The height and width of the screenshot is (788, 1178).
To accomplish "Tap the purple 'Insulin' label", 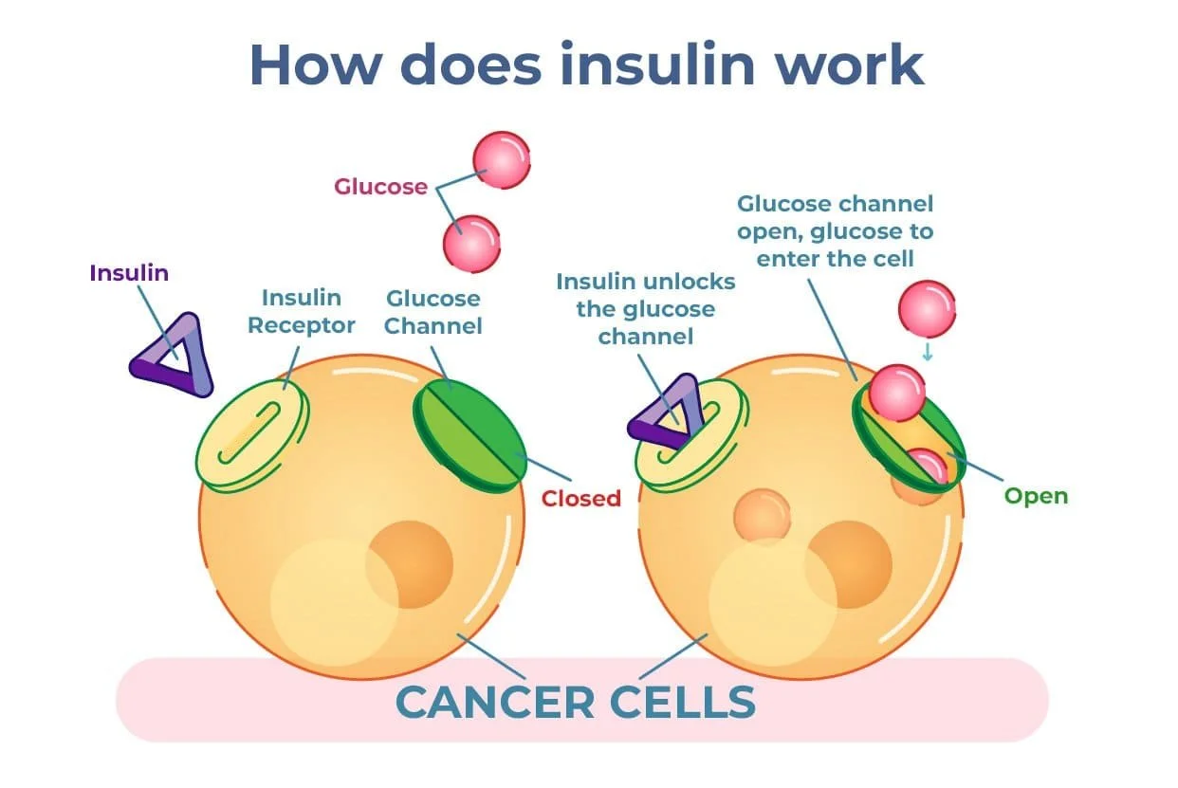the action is (x=129, y=273).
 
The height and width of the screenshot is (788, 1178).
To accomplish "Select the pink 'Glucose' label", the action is (x=380, y=187).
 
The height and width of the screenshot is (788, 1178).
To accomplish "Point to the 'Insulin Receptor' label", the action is (x=302, y=312).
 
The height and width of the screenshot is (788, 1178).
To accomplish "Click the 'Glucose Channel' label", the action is (x=433, y=312).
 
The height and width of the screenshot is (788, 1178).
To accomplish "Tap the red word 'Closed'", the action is (x=580, y=498).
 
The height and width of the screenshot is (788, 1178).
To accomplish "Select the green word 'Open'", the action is (x=1036, y=496).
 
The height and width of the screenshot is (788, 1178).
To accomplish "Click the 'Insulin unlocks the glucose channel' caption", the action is (x=646, y=309).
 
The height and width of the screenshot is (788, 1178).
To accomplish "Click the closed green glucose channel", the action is (x=469, y=434).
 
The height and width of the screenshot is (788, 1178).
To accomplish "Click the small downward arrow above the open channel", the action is (x=928, y=352).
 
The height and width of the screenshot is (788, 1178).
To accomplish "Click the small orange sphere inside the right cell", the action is (x=762, y=514).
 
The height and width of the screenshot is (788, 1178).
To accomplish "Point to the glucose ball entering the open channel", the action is (x=896, y=393).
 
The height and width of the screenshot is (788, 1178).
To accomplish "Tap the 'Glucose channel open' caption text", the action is (x=835, y=230).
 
